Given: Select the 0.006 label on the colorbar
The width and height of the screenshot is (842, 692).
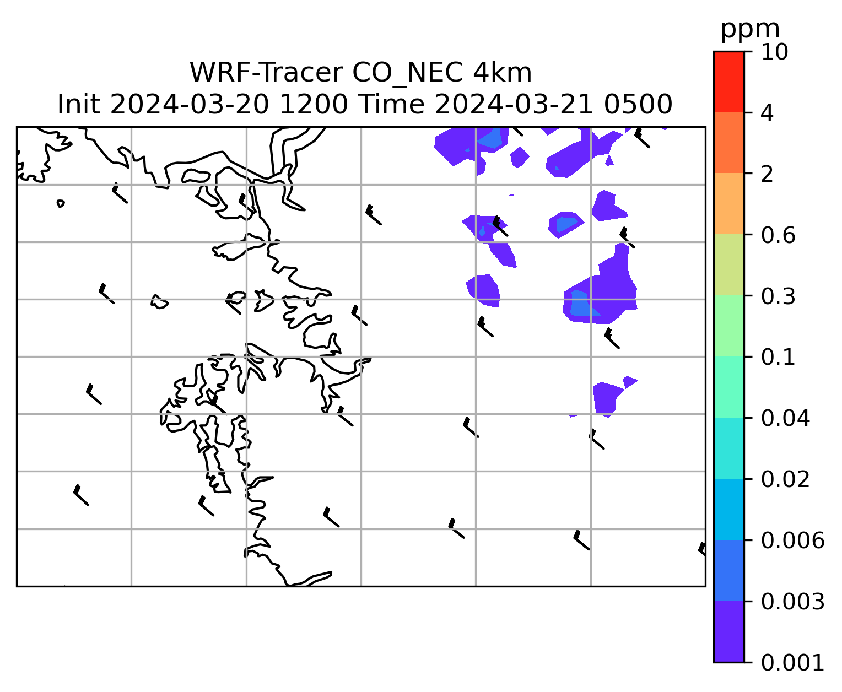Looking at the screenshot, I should [x=792, y=540].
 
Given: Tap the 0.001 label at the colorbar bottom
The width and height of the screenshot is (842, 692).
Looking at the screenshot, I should [x=792, y=662].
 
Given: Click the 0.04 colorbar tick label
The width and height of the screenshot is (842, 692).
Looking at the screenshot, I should [x=785, y=418].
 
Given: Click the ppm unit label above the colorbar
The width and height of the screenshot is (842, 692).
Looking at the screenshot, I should [x=750, y=29].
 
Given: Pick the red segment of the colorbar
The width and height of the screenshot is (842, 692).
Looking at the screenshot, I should [x=728, y=82].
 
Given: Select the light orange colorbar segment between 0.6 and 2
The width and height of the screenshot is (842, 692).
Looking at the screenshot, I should [x=728, y=204].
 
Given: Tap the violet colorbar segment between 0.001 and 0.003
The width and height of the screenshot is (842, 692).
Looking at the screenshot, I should [x=728, y=631].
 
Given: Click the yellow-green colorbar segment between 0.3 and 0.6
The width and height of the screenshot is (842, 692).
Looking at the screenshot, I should [x=728, y=265].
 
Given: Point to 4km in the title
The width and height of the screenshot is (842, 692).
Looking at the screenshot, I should [x=505, y=73].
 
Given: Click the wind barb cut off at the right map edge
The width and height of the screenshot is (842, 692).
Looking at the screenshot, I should [x=702, y=549].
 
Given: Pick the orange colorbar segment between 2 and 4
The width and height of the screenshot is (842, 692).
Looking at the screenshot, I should [x=728, y=143].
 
